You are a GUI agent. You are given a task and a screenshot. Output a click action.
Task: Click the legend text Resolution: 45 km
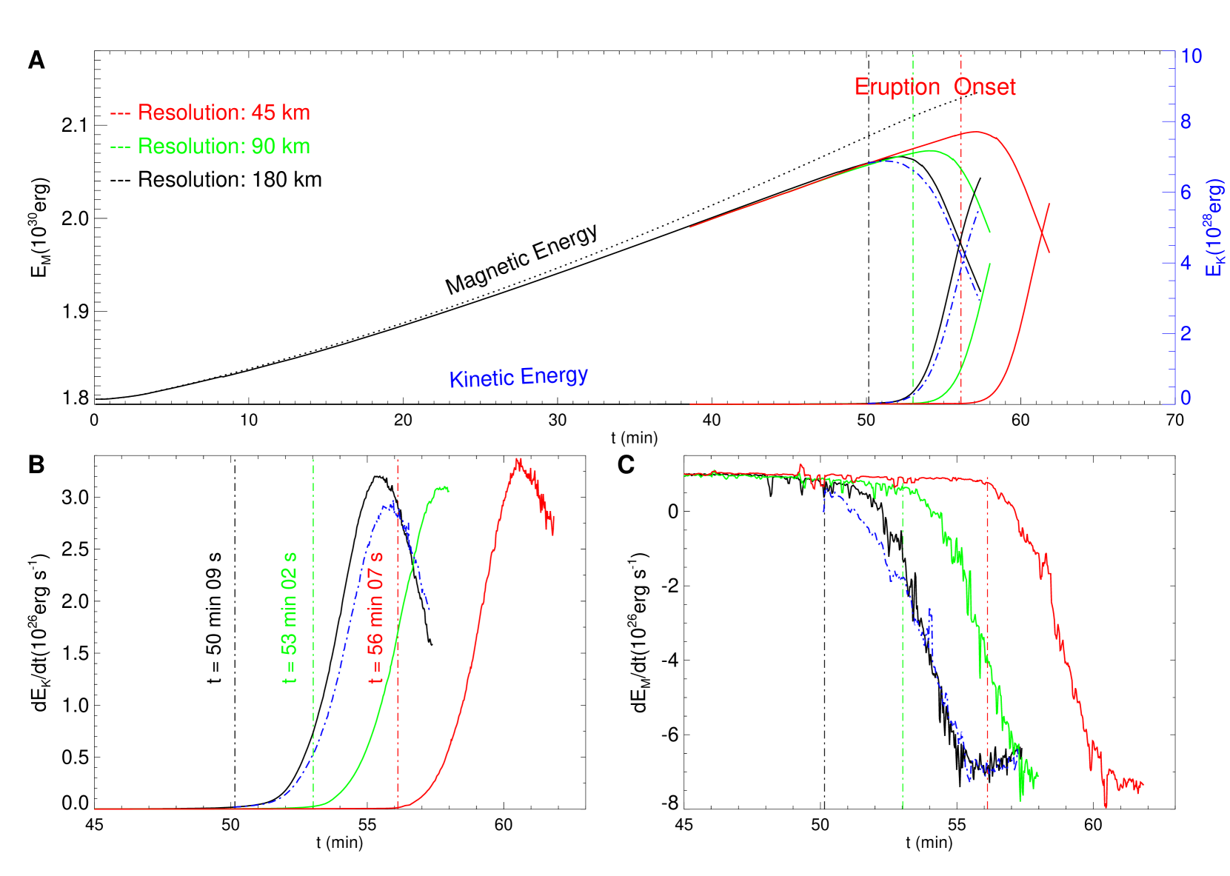pos(224,113)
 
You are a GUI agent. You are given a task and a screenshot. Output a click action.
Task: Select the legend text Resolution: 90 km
pos(224,147)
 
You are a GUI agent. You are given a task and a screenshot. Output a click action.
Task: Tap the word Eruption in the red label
pos(897,87)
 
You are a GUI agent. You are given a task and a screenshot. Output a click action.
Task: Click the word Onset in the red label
pos(984,87)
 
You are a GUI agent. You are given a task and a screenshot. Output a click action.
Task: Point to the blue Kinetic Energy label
pos(518,377)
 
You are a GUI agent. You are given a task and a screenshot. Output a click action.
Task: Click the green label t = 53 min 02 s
pos(290,617)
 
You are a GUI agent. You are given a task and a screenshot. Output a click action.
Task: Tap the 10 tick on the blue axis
pos(1191,56)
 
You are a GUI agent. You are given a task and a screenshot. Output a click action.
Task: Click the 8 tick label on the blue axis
pos(1186,122)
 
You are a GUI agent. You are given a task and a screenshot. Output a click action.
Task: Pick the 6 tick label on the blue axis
pos(1186,193)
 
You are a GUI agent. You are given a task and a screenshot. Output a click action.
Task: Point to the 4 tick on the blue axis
pos(1186,263)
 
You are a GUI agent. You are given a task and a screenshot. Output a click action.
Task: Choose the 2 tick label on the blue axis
pos(1186,333)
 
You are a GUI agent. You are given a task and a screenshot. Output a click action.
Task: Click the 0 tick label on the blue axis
pos(1186,398)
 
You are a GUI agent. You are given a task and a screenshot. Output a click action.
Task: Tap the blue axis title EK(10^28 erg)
pos(1214,228)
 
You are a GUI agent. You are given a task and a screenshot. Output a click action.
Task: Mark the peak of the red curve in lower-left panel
pos(518,459)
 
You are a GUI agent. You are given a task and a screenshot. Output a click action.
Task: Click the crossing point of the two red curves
pos(1043,234)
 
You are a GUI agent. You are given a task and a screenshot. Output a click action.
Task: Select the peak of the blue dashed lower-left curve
pos(391,503)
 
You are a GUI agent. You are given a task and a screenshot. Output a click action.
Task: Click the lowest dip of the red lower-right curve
pos(1106,806)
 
